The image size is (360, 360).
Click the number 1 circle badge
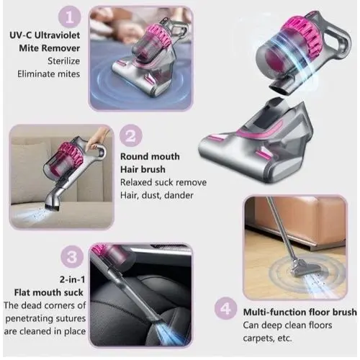click(x=70, y=17)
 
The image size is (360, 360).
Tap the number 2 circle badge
click(x=131, y=136)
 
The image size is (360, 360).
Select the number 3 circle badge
click(x=72, y=257)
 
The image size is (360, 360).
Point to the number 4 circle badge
click(x=225, y=308)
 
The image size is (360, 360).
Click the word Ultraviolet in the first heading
click(x=58, y=35)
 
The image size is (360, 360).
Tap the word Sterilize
click(x=63, y=61)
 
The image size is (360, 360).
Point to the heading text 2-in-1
click(x=72, y=279)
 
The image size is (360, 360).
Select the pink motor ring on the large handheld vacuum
click(x=305, y=36)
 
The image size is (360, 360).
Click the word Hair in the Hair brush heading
click(x=129, y=169)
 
